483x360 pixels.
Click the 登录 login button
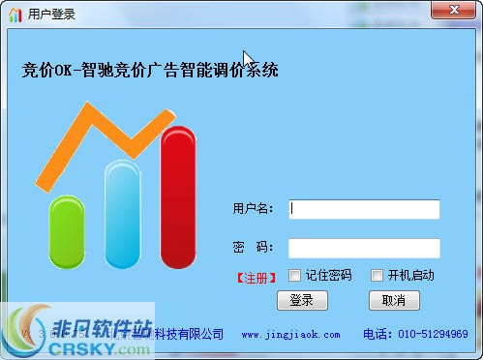click(302, 301)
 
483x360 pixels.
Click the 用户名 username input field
click(364, 209)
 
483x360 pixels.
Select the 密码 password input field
click(364, 248)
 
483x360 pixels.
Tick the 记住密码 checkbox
click(295, 276)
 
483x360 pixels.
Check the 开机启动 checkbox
click(377, 276)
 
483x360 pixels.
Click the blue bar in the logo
click(123, 215)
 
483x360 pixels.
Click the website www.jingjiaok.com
click(290, 335)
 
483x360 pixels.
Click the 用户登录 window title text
click(52, 15)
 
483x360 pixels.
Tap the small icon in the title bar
click(15, 15)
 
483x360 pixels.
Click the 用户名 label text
click(253, 209)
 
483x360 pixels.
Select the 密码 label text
click(253, 248)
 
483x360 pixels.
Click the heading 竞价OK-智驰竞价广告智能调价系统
click(150, 70)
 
